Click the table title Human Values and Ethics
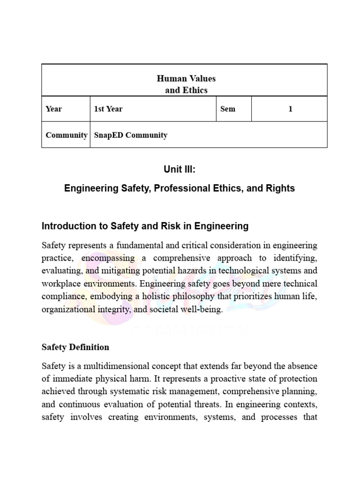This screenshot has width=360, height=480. (186, 84)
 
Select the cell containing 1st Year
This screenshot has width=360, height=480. (108, 109)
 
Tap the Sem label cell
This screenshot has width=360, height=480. (228, 109)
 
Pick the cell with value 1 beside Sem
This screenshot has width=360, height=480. (290, 109)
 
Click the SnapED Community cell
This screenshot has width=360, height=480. (131, 135)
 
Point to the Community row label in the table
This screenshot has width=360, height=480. (66, 135)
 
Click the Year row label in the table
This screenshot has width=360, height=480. (54, 109)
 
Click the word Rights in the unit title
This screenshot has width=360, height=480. (278, 188)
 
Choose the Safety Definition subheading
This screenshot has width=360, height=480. (75, 347)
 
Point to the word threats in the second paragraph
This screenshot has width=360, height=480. (201, 404)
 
